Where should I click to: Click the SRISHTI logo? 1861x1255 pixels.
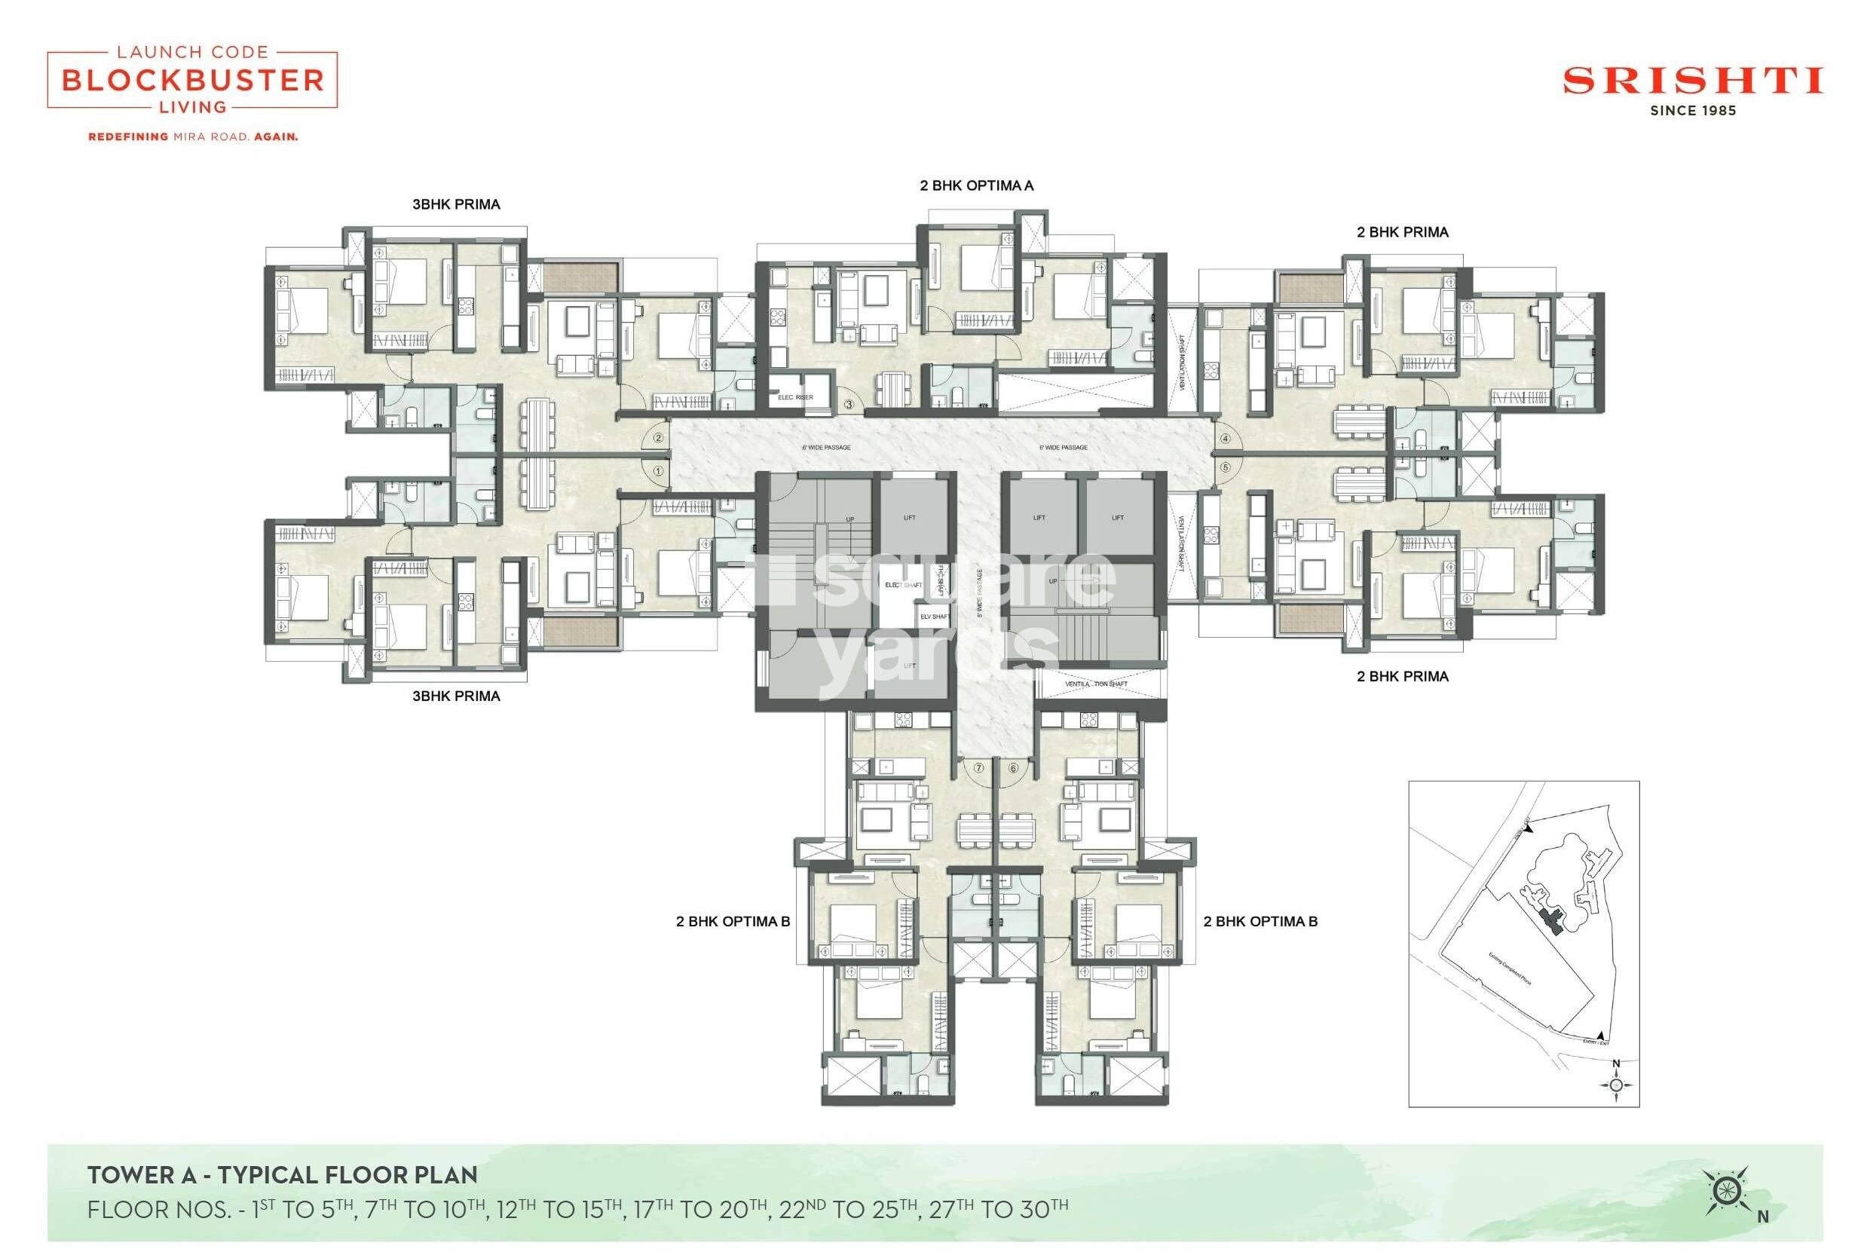click(x=1692, y=81)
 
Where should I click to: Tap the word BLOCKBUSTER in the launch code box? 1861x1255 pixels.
click(x=192, y=80)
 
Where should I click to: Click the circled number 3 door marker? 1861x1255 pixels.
click(x=849, y=405)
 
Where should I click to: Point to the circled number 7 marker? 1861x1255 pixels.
click(x=978, y=767)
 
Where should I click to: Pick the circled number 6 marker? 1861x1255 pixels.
click(x=1012, y=768)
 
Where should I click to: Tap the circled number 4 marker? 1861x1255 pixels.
click(x=1225, y=439)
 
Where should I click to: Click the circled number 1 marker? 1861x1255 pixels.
click(x=658, y=471)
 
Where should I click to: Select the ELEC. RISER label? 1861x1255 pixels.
click(x=795, y=398)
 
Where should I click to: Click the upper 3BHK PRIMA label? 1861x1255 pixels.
click(x=456, y=205)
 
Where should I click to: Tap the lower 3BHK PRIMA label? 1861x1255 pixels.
click(x=456, y=696)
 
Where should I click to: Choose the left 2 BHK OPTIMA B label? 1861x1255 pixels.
click(x=733, y=921)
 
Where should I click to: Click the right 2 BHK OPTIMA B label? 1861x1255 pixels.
click(x=1260, y=921)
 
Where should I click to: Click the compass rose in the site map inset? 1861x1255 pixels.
click(x=1615, y=1085)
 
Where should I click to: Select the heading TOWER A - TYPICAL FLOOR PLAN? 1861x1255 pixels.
click(x=283, y=1175)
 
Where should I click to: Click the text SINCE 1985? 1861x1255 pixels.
click(x=1692, y=112)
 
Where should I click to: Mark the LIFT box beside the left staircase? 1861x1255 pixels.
click(x=908, y=518)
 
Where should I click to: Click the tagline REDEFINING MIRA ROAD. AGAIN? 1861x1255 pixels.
click(x=193, y=137)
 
